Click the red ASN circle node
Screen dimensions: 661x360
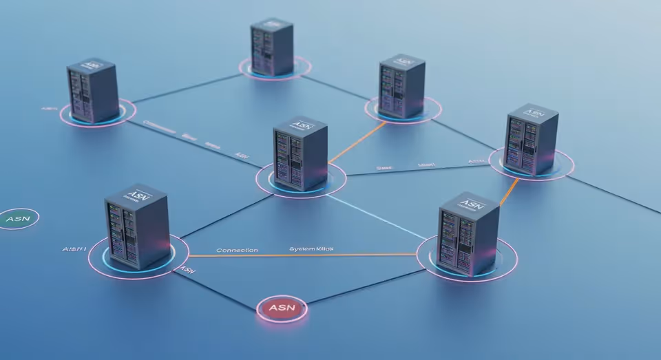pyautogui.click(x=282, y=307)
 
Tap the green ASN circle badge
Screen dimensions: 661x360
pyautogui.click(x=19, y=219)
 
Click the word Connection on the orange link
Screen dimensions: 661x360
pyautogui.click(x=237, y=250)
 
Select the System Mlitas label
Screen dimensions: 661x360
pyautogui.click(x=311, y=248)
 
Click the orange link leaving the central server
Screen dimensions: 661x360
pyautogui.click(x=356, y=143)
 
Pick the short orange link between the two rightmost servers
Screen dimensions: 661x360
pyautogui.click(x=508, y=194)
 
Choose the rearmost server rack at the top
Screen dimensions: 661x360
pyautogui.click(x=271, y=47)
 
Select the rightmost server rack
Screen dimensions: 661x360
pyautogui.click(x=531, y=140)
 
